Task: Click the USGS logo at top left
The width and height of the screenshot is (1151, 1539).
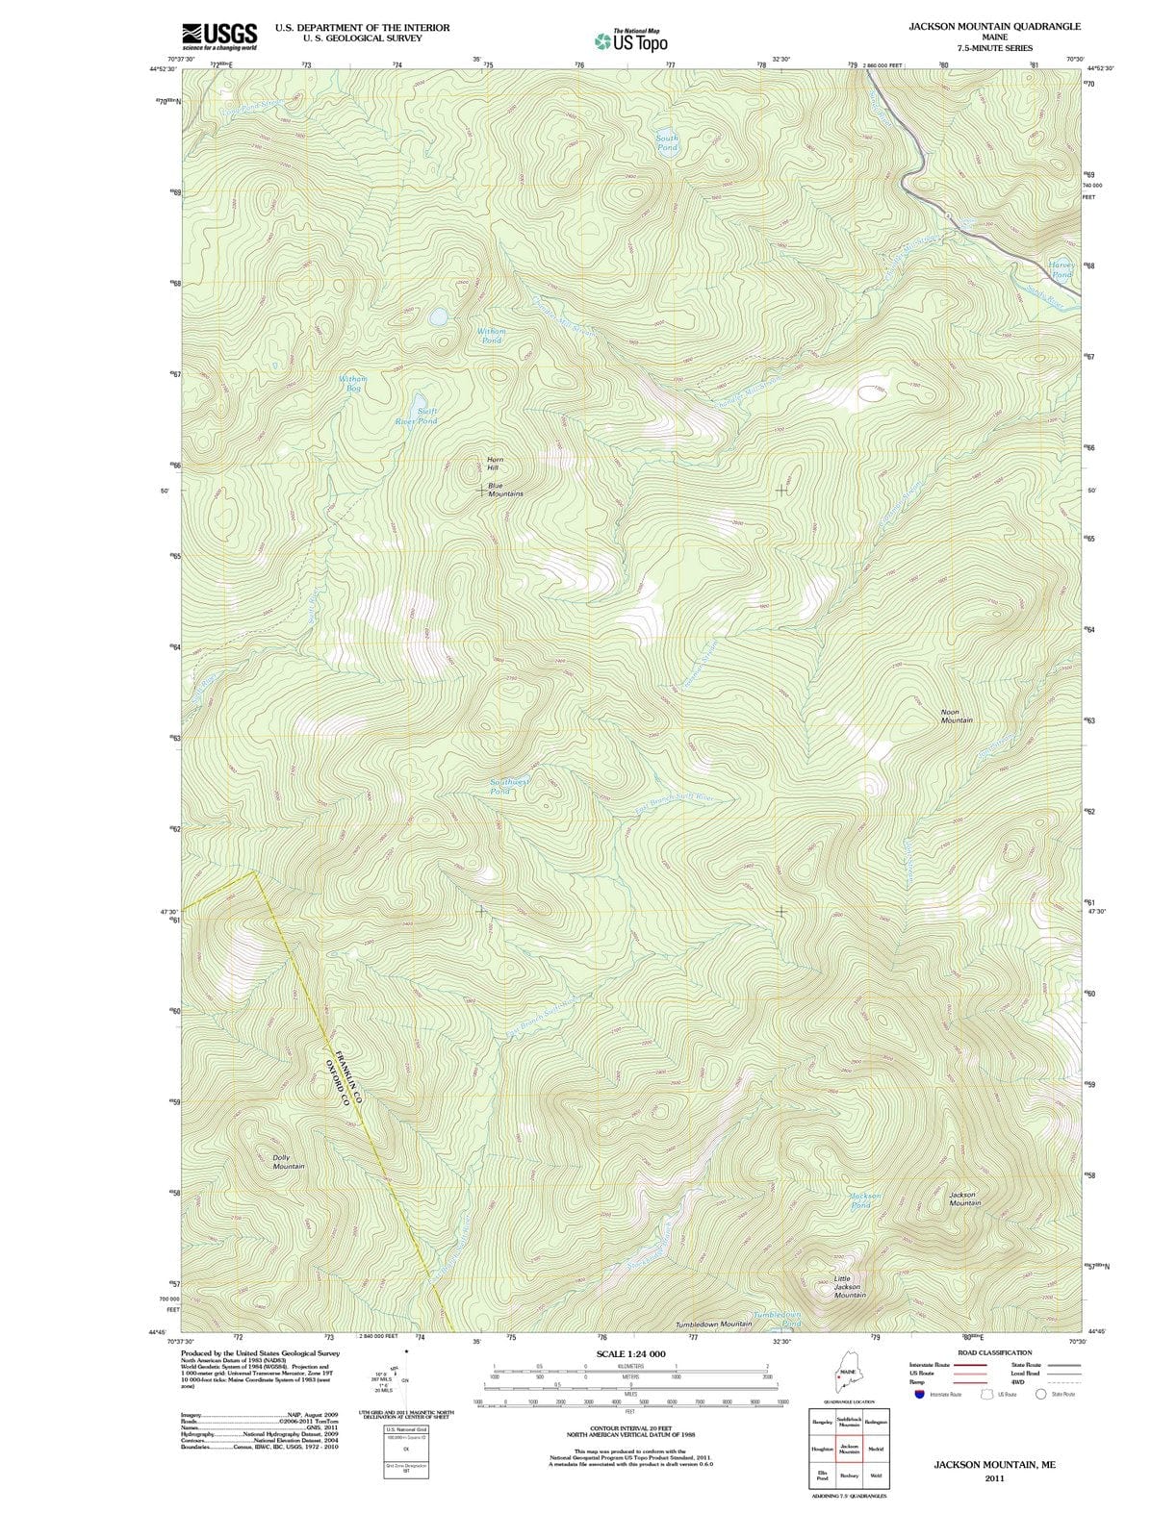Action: point(219,36)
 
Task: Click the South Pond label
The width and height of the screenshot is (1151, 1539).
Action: point(667,142)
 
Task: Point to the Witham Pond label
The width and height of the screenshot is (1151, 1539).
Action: point(491,335)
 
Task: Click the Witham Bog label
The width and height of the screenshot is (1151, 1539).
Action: point(352,383)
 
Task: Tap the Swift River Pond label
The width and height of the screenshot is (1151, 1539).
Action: point(417,416)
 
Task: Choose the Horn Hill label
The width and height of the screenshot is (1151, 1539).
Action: point(495,464)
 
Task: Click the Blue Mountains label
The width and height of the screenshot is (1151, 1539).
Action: point(504,490)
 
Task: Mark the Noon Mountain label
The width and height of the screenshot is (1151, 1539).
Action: point(957,717)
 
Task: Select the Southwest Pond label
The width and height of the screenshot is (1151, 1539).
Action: point(509,786)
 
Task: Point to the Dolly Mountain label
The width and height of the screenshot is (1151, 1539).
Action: point(287,1162)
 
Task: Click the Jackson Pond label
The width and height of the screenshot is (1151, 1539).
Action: point(865,1199)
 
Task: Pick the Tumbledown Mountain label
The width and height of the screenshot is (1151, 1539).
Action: point(713,1325)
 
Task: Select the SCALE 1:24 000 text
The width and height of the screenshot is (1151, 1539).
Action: point(629,1354)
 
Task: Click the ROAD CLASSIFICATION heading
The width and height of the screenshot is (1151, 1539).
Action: point(994,1352)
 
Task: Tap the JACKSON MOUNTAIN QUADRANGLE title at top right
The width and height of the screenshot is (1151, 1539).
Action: point(994,27)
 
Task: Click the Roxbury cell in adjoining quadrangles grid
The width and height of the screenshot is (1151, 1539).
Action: point(849,1475)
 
